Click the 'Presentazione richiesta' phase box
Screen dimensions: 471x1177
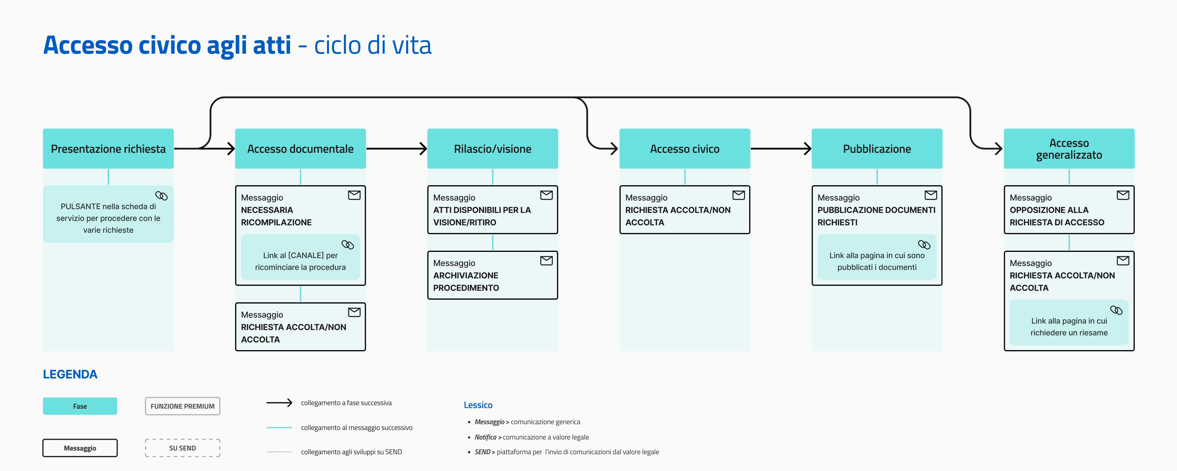[108, 149]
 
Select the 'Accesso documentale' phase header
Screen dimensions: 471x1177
[300, 149]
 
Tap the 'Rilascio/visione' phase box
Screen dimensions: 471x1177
[493, 149]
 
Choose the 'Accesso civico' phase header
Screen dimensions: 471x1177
[684, 149]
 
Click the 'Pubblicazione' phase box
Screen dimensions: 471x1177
[877, 149]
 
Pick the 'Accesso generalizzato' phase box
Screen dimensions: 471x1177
[1069, 149]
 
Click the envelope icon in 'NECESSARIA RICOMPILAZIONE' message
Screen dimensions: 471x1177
[354, 195]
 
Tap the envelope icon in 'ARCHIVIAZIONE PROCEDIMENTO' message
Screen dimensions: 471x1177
[546, 261]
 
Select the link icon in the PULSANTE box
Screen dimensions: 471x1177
[161, 196]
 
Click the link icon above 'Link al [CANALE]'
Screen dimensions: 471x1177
[348, 245]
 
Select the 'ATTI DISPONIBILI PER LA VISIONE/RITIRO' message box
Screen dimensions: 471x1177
[493, 210]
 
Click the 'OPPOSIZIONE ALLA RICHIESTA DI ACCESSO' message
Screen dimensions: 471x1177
[1069, 210]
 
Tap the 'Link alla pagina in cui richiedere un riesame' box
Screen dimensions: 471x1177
[1069, 322]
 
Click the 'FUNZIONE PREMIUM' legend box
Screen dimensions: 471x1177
[182, 406]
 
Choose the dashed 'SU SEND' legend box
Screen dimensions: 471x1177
[182, 448]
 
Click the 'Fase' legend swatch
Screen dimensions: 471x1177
[80, 406]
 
